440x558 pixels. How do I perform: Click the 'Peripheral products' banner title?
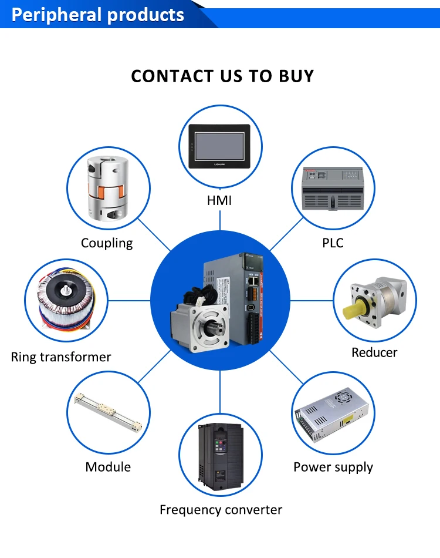click(98, 14)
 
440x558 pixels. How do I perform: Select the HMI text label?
click(219, 200)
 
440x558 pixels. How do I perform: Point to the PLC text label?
click(333, 243)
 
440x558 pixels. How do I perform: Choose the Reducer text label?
click(374, 352)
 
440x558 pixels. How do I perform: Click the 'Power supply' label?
click(333, 467)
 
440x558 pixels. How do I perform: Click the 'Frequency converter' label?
click(221, 510)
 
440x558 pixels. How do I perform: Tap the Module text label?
click(108, 467)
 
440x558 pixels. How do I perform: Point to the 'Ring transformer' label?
click(61, 357)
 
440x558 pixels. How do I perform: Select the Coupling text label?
click(107, 243)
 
